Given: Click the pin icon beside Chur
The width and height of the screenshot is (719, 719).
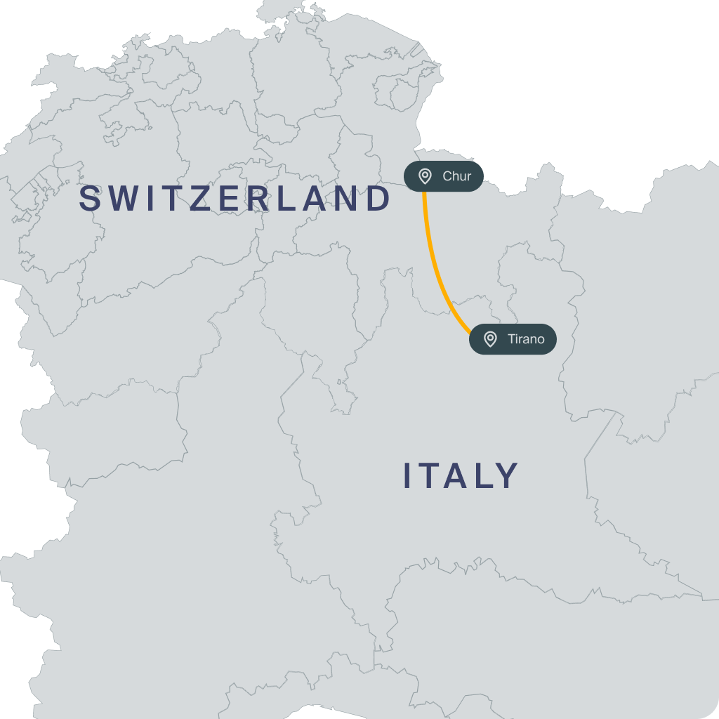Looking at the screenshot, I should [425, 176].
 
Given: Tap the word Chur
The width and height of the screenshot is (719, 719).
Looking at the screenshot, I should [456, 176].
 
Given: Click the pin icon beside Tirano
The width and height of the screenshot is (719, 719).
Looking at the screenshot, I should [490, 340].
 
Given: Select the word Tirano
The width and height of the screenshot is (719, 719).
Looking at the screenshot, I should [526, 340].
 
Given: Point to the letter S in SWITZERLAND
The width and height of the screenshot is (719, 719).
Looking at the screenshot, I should [89, 199].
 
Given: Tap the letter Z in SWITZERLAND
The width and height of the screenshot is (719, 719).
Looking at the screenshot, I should [200, 199].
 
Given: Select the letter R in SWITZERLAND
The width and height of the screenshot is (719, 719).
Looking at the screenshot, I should [259, 199].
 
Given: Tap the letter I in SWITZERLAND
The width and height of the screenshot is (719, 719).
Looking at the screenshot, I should [150, 199].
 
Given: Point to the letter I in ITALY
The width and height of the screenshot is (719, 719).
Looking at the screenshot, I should [408, 476].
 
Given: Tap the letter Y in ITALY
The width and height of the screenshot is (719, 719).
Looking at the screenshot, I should [508, 476].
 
